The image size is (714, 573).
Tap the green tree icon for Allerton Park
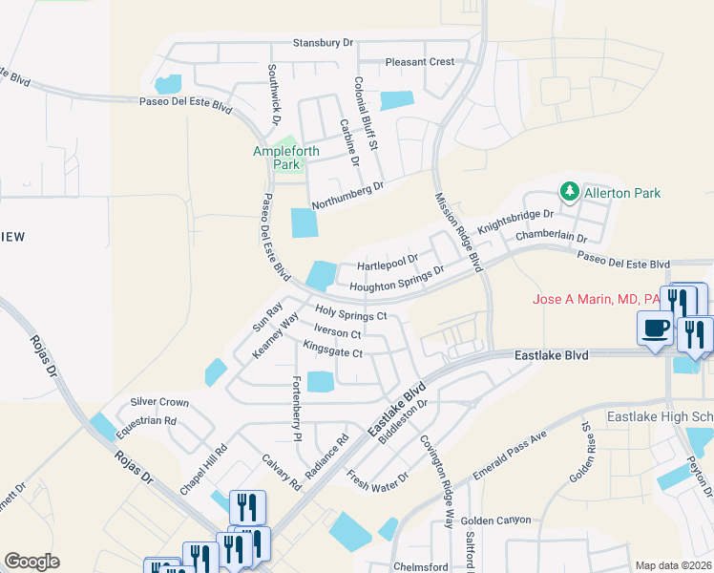(x=570, y=192)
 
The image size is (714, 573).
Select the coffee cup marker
(x=655, y=328)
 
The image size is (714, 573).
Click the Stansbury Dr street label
(x=324, y=43)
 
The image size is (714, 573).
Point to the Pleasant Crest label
(x=420, y=62)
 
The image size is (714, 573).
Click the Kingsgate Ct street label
(x=332, y=352)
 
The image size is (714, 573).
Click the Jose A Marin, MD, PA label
(x=598, y=300)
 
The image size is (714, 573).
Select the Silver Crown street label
(x=159, y=402)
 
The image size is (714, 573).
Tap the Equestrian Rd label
(x=145, y=420)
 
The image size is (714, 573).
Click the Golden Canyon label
(x=494, y=520)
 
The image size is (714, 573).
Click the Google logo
(x=31, y=561)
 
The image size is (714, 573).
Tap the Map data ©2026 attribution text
(x=672, y=565)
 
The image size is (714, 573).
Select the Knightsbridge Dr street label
(x=515, y=222)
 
